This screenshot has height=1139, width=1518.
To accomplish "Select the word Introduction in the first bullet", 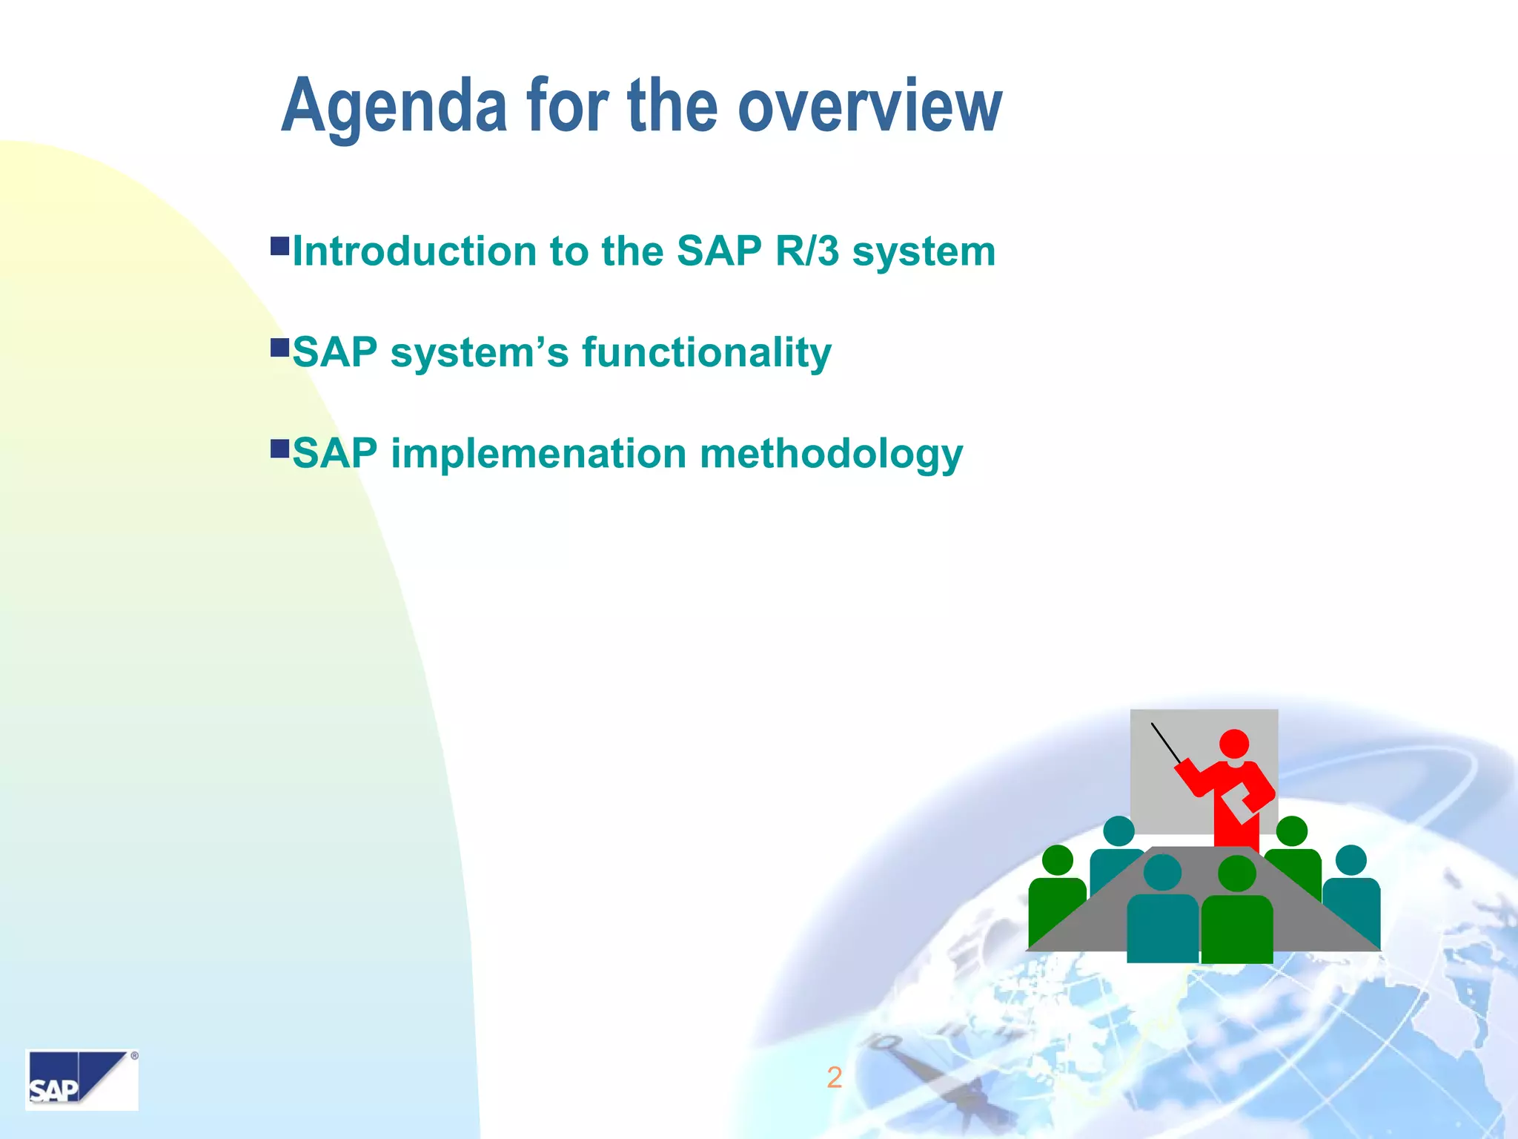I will pos(414,251).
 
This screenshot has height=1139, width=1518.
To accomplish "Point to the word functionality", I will pos(706,353).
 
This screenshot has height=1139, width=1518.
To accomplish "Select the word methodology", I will pos(831,455).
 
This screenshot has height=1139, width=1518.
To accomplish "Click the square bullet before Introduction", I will pos(279,246).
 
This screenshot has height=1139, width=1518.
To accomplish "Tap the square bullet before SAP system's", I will pos(279,347).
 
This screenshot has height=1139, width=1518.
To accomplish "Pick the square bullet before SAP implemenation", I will pos(279,448).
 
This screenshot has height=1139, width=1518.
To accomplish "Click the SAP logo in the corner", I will pos(82,1080).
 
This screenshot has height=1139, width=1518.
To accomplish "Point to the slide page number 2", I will pos(834,1077).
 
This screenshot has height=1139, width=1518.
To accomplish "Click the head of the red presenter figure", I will pos(1233,744).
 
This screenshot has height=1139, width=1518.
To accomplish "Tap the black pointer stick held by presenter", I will pos(1166,743).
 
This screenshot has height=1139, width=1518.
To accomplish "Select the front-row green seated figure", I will pos(1236,916).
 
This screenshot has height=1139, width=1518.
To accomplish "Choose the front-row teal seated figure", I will pos(1162,916).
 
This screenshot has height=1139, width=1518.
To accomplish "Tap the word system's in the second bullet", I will pos(479,353).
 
